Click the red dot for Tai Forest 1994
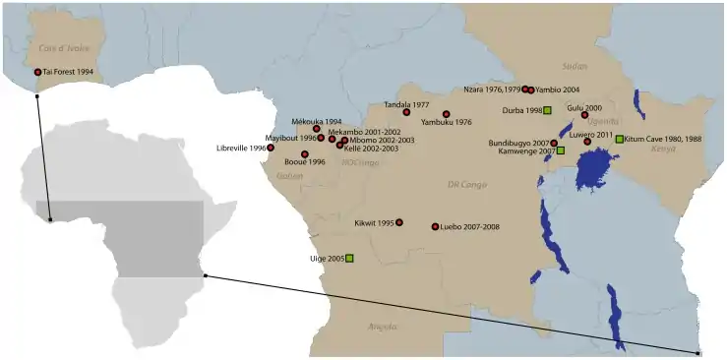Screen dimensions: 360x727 pos(38,72)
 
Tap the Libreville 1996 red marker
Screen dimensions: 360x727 pos(271,149)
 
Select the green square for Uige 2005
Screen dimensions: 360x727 pos(349,258)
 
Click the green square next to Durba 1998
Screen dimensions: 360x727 pos(548,110)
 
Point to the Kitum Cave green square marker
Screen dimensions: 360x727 pos(619,139)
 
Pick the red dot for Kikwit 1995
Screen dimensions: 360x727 pos(399,222)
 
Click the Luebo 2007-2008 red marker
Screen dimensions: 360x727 pos(435,227)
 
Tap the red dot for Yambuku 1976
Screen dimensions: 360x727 pos(447,114)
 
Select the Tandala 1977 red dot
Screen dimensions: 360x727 pos(406,112)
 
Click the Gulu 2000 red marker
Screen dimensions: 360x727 pos(584,115)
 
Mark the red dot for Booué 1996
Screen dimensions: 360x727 pos(305,154)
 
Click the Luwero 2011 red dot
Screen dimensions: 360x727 pos(587,142)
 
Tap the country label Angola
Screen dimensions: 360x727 pos(382,326)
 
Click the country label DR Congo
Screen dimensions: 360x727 pos(467,184)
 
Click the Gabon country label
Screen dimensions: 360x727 pos(290,176)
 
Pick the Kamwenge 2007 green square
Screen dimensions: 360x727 pos(560,151)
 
